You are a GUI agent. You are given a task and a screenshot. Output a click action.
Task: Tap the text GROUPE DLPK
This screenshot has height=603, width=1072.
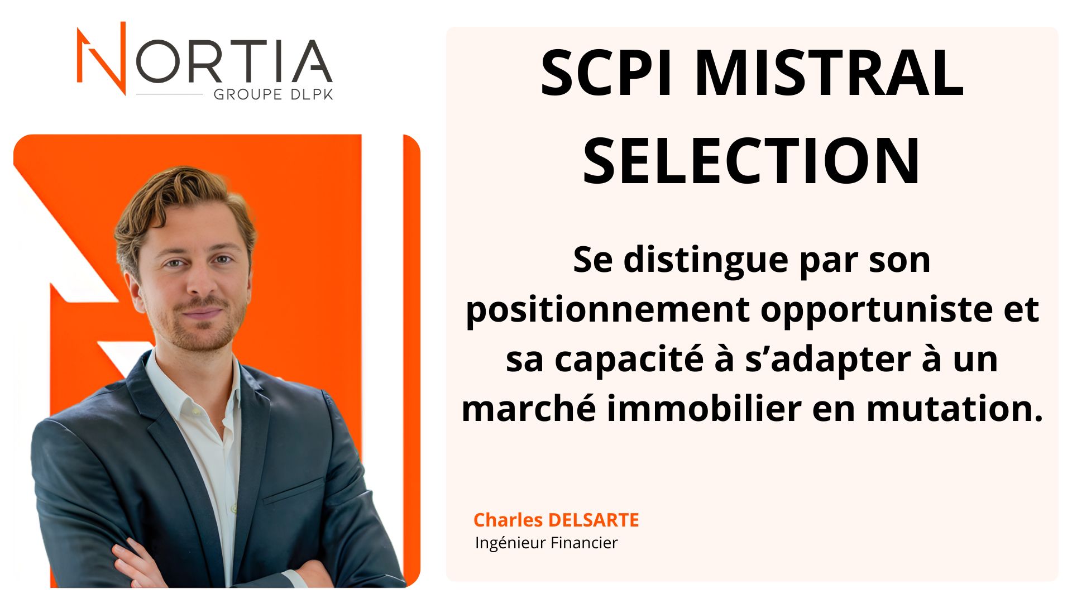click(273, 94)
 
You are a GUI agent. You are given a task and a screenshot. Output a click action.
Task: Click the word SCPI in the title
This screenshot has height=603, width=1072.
click(607, 73)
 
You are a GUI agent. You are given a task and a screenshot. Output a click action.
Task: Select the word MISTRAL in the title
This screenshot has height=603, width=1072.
click(829, 73)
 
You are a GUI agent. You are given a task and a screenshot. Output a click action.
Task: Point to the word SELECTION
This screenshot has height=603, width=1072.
click(752, 161)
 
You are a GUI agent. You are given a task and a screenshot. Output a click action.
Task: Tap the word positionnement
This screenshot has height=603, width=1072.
click(608, 310)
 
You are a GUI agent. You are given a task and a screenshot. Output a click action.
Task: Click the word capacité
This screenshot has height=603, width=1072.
click(629, 360)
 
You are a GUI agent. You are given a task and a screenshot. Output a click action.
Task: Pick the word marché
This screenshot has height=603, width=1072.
click(529, 409)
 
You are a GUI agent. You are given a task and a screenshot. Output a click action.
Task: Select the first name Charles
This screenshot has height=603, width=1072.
click(508, 520)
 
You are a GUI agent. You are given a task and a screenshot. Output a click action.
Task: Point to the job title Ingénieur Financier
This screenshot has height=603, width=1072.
click(546, 543)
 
